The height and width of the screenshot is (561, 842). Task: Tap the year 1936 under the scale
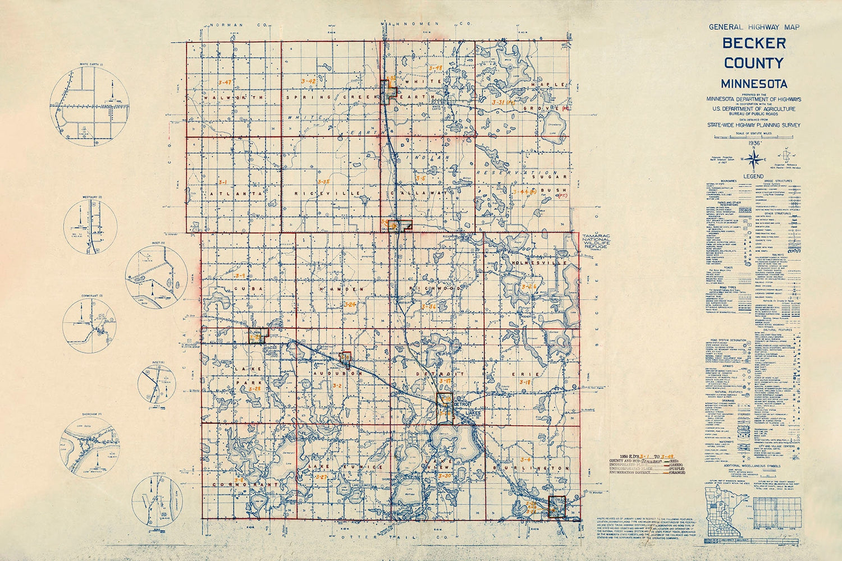[x=753, y=144]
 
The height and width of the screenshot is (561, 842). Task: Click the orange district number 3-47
[x=226, y=82]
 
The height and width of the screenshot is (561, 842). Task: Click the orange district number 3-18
[x=525, y=382]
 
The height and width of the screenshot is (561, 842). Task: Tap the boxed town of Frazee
[x=556, y=505]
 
